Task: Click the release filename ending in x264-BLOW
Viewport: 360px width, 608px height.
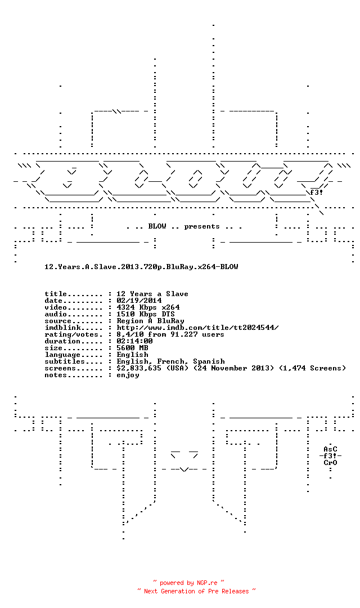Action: coord(141,267)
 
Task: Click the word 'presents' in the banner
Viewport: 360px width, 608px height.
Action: coord(202,226)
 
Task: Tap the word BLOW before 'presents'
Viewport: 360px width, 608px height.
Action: coord(157,226)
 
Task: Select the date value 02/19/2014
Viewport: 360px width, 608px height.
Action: coord(139,301)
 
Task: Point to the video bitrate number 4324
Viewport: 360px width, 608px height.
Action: coord(125,307)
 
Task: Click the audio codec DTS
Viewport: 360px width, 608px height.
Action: coord(168,314)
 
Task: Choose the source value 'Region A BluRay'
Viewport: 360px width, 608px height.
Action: coord(150,321)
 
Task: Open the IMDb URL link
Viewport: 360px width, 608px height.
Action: coord(197,328)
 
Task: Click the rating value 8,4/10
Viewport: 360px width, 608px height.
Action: coord(130,334)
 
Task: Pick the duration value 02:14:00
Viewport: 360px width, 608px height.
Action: coord(134,341)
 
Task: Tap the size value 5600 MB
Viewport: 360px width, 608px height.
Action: coord(132,348)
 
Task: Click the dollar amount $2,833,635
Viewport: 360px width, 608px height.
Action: coord(139,368)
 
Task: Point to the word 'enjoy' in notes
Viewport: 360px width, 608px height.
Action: coord(128,375)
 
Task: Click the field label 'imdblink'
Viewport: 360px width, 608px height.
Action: coord(62,328)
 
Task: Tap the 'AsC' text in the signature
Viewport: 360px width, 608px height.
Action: coord(331,449)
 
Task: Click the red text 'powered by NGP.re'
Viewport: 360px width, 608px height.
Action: coord(189,583)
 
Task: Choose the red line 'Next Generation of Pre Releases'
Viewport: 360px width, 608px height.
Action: coord(196,591)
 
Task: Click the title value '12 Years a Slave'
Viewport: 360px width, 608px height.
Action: coord(152,294)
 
